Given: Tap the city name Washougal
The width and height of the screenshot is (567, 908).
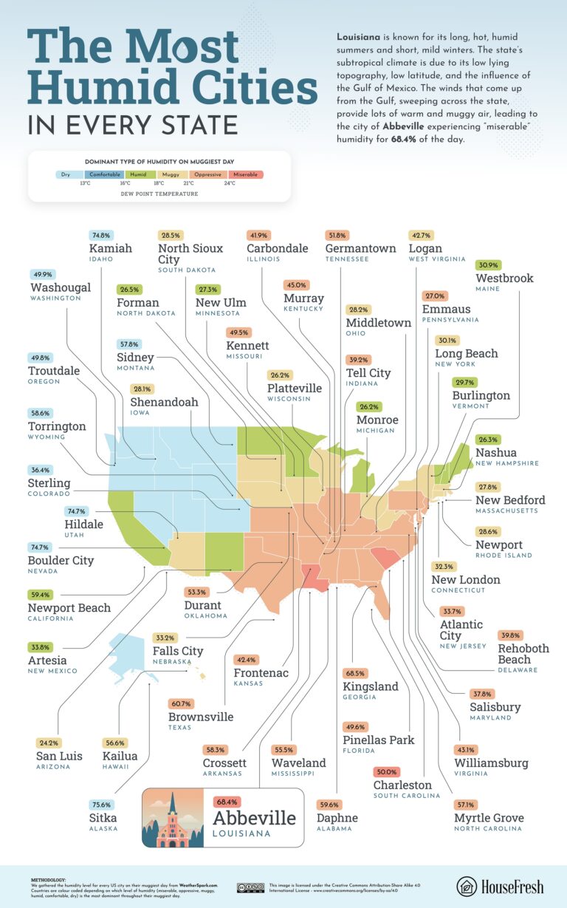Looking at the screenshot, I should pos(61,287).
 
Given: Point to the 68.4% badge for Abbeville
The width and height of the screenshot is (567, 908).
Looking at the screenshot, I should pos(226,801).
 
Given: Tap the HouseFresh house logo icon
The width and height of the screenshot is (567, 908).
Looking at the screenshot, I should pos(467,886).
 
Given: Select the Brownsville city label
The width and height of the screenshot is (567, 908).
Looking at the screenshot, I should pos(201,717).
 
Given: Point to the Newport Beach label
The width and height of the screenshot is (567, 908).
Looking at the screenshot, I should pos(70,607).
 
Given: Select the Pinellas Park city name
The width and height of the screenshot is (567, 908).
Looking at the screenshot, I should pos(378,740).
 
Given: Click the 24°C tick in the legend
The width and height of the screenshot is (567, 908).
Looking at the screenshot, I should pos(230,183).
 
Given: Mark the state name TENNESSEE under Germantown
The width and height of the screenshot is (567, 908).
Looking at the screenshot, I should pos(351,260).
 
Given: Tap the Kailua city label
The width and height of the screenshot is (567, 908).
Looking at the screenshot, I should pos(120,756).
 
